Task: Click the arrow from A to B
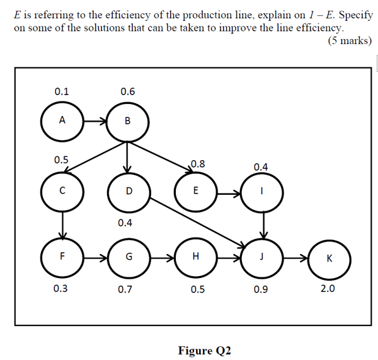coord(95,121)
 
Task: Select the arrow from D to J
coord(198,223)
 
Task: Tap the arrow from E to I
coord(229,194)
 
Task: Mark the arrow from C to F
coord(62,226)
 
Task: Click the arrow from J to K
coord(295,258)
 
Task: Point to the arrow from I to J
coord(264,225)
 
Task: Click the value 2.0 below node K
coord(328,289)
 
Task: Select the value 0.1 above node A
coord(62,91)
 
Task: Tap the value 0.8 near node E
coord(198,164)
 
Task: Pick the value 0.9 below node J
coord(261,289)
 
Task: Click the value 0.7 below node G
coord(125,289)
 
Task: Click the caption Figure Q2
coord(204,351)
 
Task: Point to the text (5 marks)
coord(350,40)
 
